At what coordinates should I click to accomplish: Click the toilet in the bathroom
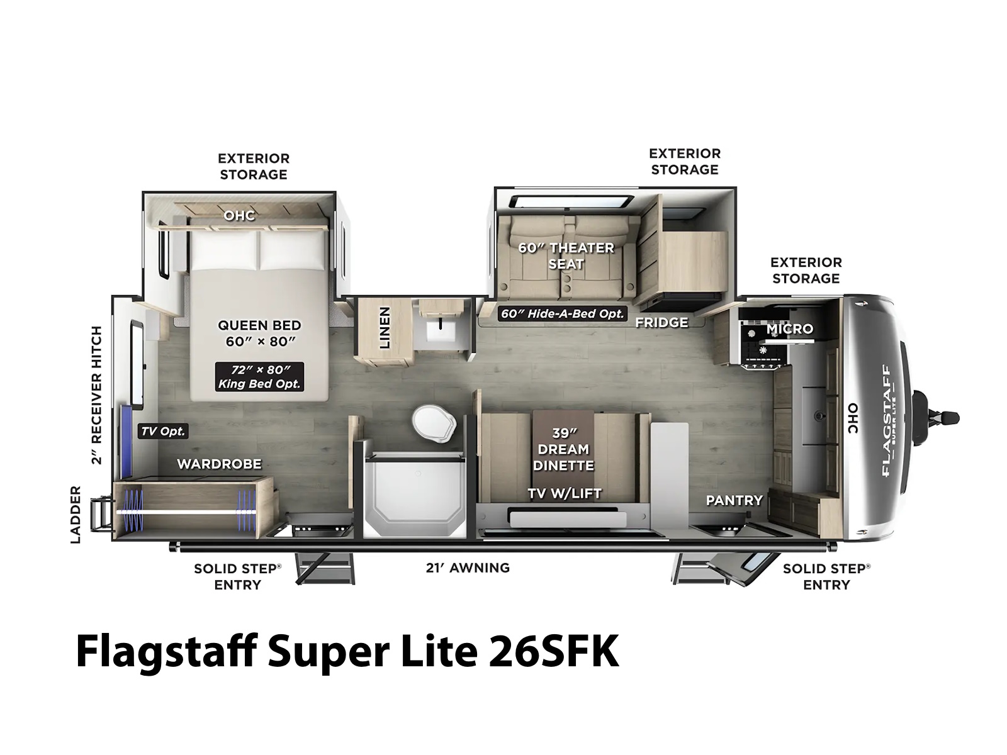click(434, 423)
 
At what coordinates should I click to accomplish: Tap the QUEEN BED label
click(259, 325)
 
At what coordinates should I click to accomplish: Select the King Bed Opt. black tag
click(259, 376)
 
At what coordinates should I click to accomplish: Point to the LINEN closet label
click(385, 327)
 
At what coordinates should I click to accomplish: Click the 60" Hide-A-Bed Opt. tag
click(563, 313)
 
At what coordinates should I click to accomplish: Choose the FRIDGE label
click(661, 323)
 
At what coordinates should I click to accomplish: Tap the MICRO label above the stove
click(789, 328)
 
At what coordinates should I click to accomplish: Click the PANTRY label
click(734, 500)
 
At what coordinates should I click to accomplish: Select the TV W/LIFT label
click(565, 493)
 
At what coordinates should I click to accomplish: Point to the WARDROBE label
click(219, 464)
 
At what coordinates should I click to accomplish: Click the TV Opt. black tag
click(163, 431)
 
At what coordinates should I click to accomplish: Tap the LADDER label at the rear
click(76, 515)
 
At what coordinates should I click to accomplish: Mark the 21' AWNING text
click(468, 568)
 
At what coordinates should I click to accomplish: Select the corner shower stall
click(414, 493)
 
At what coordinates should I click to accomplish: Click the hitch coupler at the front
click(936, 418)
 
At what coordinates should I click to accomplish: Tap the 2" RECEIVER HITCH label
click(96, 395)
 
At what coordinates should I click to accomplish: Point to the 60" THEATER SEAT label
click(566, 256)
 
